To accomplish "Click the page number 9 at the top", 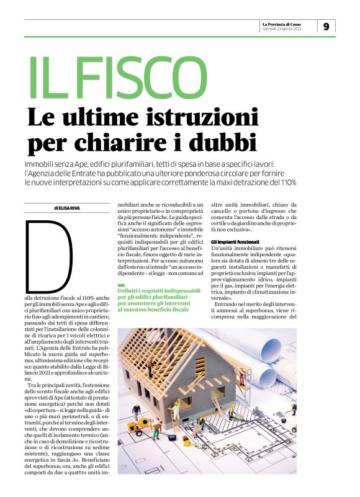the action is click(326, 26).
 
